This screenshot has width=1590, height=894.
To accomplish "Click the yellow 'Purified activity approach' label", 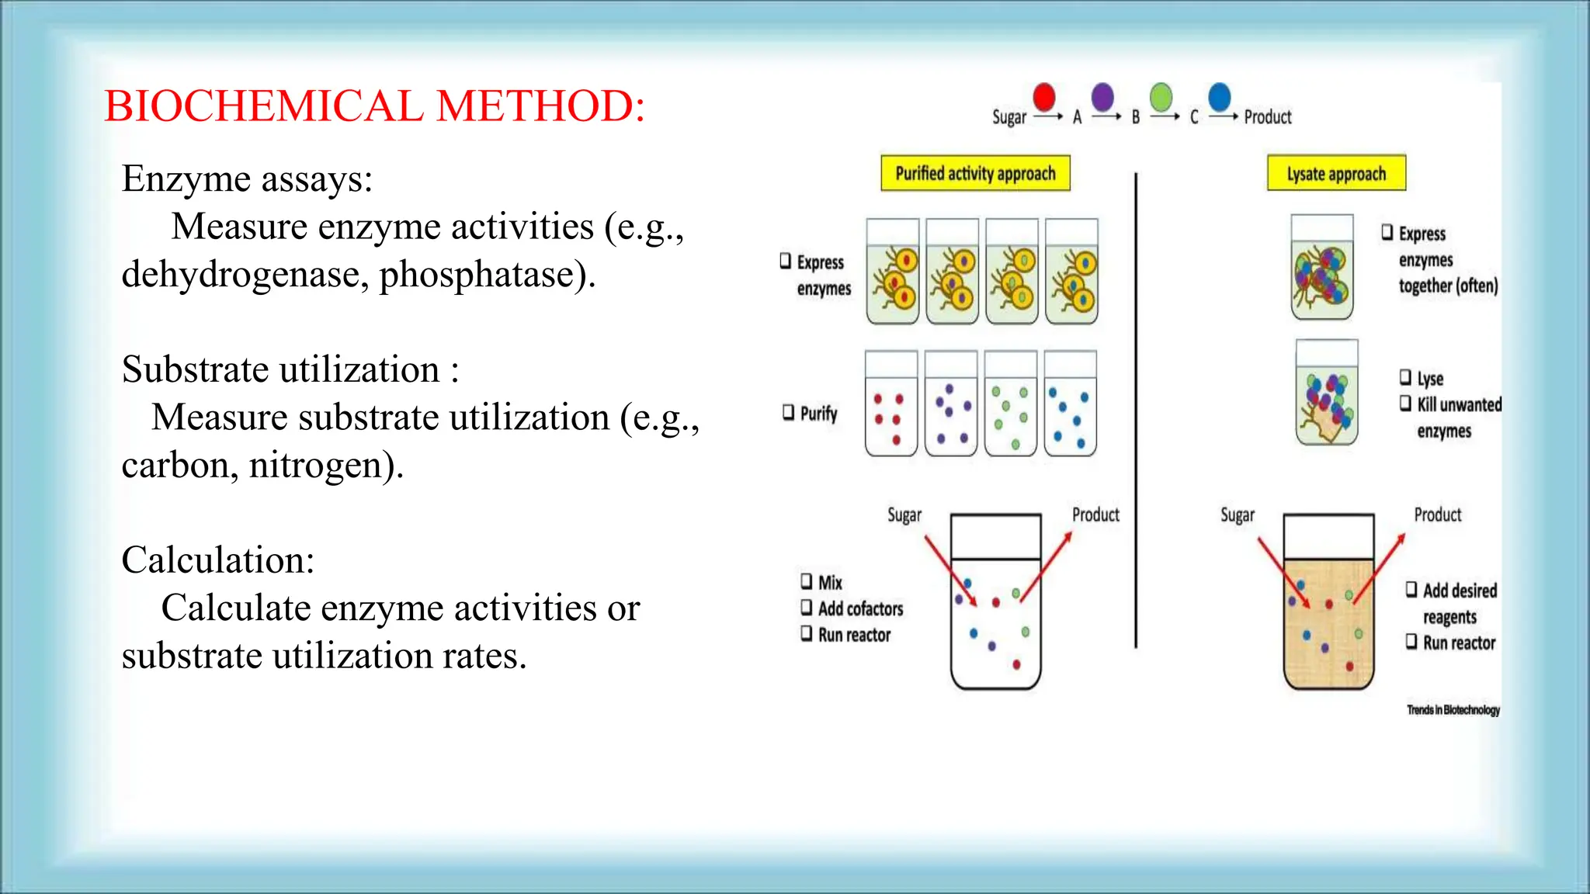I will pos(975,173).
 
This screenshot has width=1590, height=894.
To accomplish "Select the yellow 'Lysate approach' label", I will pos(1336,173).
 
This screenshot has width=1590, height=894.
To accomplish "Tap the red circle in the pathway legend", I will pos(1044,98).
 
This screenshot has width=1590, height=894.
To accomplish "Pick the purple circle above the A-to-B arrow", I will pos(1102,98).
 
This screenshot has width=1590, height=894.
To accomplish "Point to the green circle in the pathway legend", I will pos(1161,99).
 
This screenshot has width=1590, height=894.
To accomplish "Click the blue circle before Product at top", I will pos(1220,97).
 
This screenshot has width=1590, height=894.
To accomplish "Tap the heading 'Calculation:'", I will pos(218,560).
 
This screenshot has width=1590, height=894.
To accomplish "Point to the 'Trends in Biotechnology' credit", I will pos(1453,710).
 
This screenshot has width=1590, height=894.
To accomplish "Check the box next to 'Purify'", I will pos(789,412).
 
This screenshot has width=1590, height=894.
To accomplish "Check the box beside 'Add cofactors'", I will pos(807,607).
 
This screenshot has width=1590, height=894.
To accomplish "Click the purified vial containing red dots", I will pos(890,404).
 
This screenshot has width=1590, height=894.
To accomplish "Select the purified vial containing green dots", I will pos(1010,404).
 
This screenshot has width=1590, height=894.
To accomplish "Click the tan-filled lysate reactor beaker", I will pos(1328,621).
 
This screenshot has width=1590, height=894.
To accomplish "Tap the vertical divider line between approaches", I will pos(1135,411).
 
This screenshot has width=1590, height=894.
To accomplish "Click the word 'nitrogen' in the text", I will pos(321,466).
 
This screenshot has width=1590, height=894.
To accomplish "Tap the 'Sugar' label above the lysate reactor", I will pos(1237,515).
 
